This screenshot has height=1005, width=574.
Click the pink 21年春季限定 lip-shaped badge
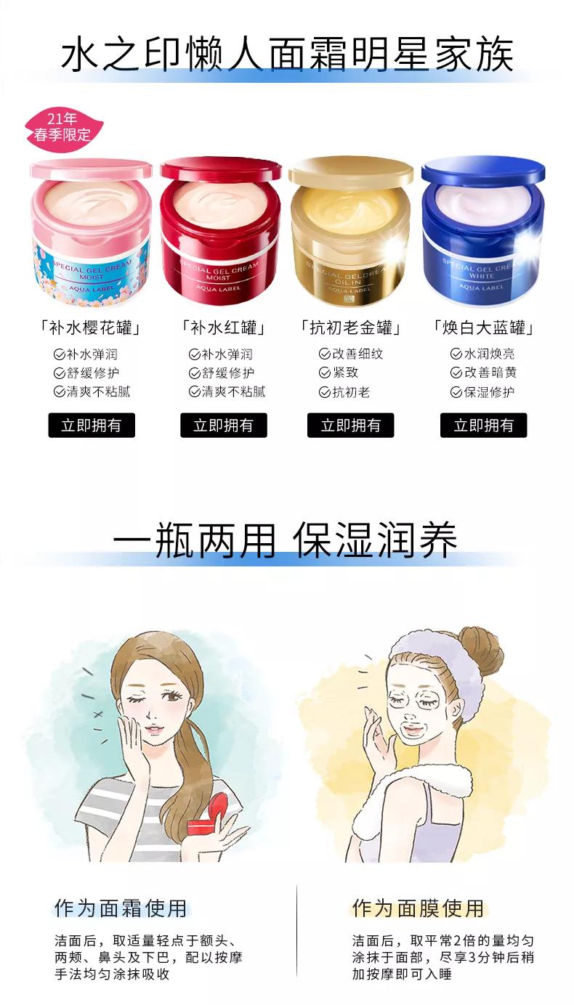point(64,127)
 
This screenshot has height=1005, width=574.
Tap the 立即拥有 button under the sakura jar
point(92,426)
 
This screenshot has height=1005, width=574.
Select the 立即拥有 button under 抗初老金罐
point(350,426)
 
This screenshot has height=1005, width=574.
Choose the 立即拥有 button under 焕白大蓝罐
point(483,426)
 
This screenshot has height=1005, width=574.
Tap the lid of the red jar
point(221,171)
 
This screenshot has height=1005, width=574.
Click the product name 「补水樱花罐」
point(90,328)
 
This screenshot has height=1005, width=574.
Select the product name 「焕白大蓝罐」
point(483,328)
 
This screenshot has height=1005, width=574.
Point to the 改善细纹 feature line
point(351,354)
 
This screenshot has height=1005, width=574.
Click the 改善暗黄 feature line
point(483,373)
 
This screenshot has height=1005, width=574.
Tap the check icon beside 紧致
point(325,373)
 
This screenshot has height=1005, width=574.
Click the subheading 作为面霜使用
point(121,908)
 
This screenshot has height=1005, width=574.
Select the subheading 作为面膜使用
point(419,908)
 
